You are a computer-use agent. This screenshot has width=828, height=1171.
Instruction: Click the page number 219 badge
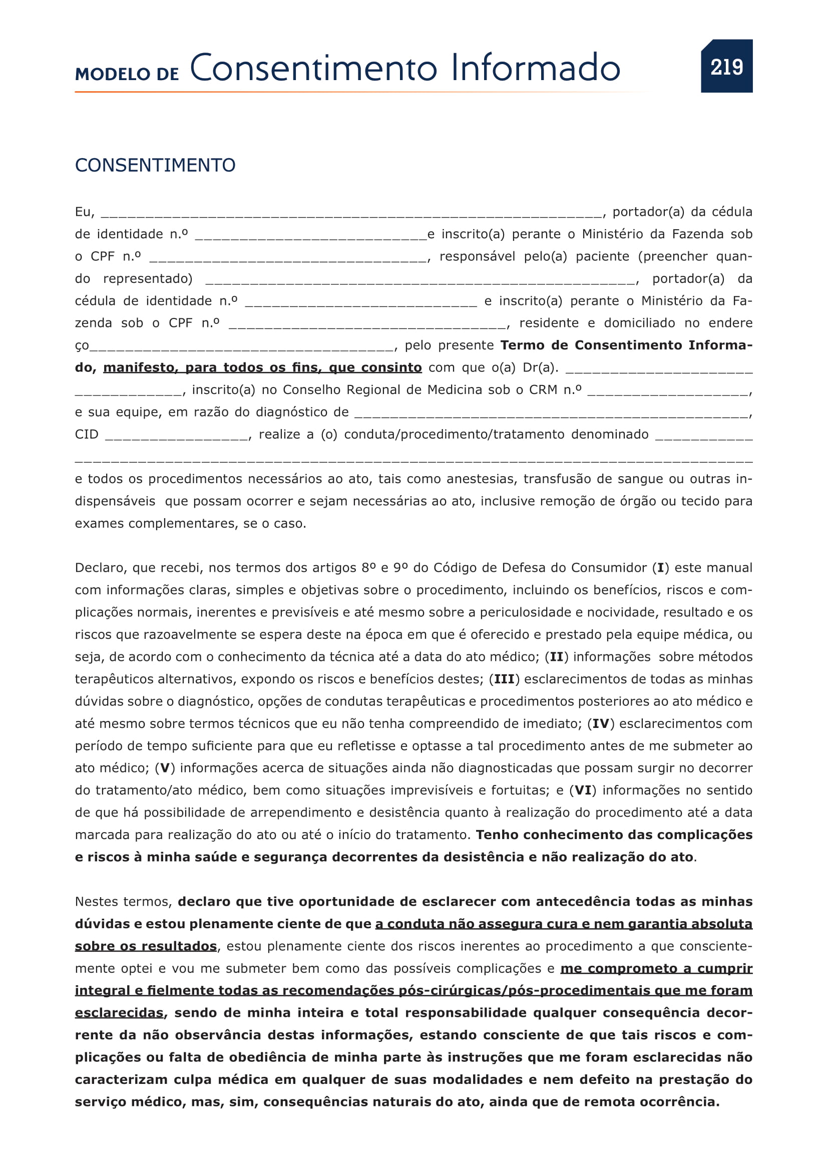pyautogui.click(x=726, y=66)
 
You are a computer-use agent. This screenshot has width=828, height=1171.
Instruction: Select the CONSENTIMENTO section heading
pyautogui.click(x=155, y=165)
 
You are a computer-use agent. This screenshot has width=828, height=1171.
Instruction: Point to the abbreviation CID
pyautogui.click(x=87, y=435)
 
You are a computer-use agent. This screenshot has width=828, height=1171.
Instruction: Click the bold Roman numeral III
pyautogui.click(x=504, y=679)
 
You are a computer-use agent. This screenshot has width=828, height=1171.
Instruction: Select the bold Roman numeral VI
pyautogui.click(x=583, y=791)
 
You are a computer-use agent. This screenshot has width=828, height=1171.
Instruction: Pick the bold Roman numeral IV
pyautogui.click(x=601, y=724)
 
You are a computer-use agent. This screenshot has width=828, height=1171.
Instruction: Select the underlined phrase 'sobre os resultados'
pyautogui.click(x=146, y=947)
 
